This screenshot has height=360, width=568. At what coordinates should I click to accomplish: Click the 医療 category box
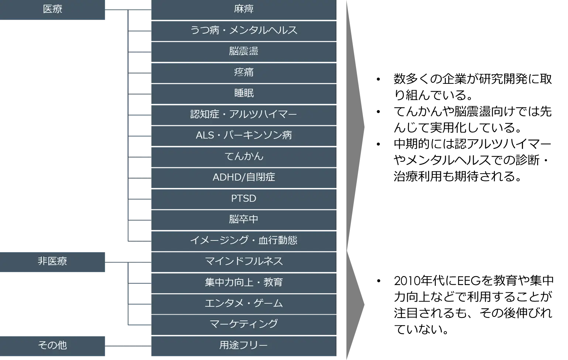[52, 9]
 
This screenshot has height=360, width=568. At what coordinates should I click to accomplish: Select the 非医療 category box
[52, 262]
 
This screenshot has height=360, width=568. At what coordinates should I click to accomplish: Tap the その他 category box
[52, 345]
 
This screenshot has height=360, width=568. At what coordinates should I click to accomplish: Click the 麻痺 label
[244, 9]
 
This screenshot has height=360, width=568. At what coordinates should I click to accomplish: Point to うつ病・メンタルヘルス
[244, 30]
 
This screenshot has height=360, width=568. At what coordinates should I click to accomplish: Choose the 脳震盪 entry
[244, 51]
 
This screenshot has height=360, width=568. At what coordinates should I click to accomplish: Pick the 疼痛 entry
[244, 72]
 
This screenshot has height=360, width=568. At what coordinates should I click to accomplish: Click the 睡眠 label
[244, 93]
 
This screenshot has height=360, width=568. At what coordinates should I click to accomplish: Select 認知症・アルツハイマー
[244, 114]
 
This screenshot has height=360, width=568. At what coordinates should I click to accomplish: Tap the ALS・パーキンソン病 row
[244, 136]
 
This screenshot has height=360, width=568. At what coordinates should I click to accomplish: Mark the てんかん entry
[244, 157]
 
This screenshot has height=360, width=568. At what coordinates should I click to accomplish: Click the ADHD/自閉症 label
[244, 178]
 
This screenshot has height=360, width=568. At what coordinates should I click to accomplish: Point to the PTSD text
[244, 199]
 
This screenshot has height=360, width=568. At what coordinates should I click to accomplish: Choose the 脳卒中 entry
[244, 220]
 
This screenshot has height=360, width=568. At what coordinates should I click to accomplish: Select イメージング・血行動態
[244, 241]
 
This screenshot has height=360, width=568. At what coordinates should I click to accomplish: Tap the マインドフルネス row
[244, 262]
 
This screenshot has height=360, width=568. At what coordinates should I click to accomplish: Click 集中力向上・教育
[244, 283]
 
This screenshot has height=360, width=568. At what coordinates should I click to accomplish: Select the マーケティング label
[244, 324]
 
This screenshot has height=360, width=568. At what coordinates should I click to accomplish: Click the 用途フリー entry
[244, 346]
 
